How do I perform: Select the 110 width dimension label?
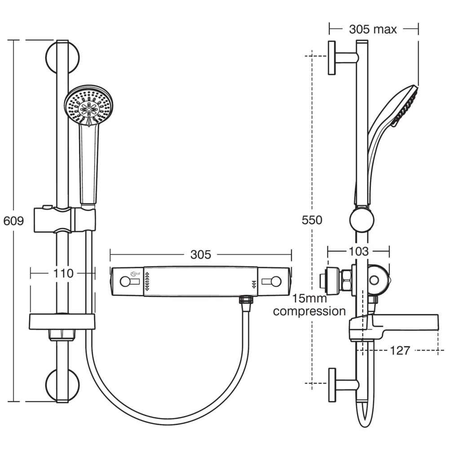pyautogui.click(x=63, y=273)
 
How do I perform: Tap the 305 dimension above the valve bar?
pyautogui.click(x=200, y=255)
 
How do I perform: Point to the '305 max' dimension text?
pyautogui.click(x=373, y=29)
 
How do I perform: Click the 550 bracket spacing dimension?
pyautogui.click(x=312, y=220)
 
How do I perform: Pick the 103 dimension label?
pyautogui.click(x=358, y=251)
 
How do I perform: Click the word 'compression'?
pyautogui.click(x=309, y=311)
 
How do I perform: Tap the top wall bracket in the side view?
pyautogui.click(x=341, y=57)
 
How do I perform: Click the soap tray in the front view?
pyautogui.click(x=62, y=322)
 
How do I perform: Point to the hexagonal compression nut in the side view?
pyautogui.click(x=346, y=279)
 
